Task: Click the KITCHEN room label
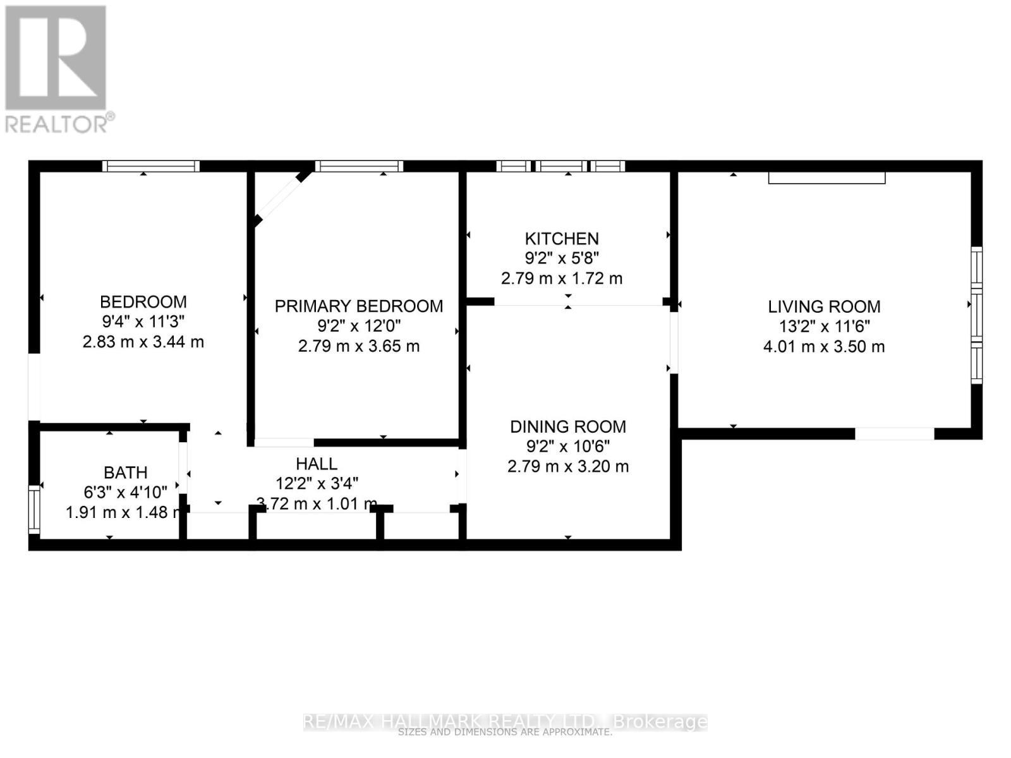click(562, 239)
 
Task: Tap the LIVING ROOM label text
click(824, 307)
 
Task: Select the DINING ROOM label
click(568, 427)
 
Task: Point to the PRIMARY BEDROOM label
click(359, 306)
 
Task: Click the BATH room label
click(126, 472)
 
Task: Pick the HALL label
click(317, 464)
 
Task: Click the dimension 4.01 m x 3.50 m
click(824, 346)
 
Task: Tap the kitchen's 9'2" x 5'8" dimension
click(562, 258)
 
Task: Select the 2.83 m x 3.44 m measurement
click(143, 342)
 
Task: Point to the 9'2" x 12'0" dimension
click(359, 326)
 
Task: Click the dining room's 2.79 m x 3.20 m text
click(568, 467)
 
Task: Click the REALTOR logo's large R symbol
click(56, 58)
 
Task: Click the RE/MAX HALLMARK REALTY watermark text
click(505, 721)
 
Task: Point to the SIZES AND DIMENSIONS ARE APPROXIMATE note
click(505, 733)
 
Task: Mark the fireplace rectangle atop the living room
click(826, 177)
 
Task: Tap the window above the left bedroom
click(151, 166)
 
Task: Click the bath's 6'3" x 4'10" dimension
click(126, 492)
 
